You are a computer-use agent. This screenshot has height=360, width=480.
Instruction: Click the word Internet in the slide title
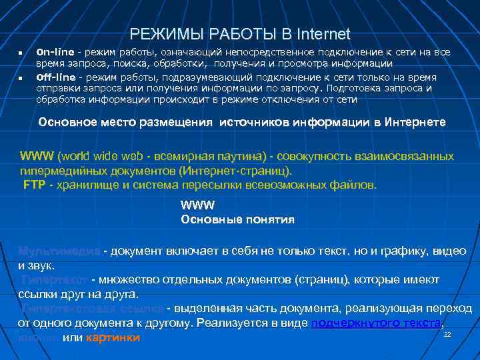point(323,33)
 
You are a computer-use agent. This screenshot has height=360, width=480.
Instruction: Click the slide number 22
point(447,333)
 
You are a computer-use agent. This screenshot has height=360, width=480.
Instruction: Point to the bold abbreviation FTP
point(34,185)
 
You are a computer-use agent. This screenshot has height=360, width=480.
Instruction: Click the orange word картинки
point(117,337)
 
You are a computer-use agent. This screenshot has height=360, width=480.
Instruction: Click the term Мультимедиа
point(60,251)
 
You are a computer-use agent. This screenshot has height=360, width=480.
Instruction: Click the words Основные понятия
point(237,219)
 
